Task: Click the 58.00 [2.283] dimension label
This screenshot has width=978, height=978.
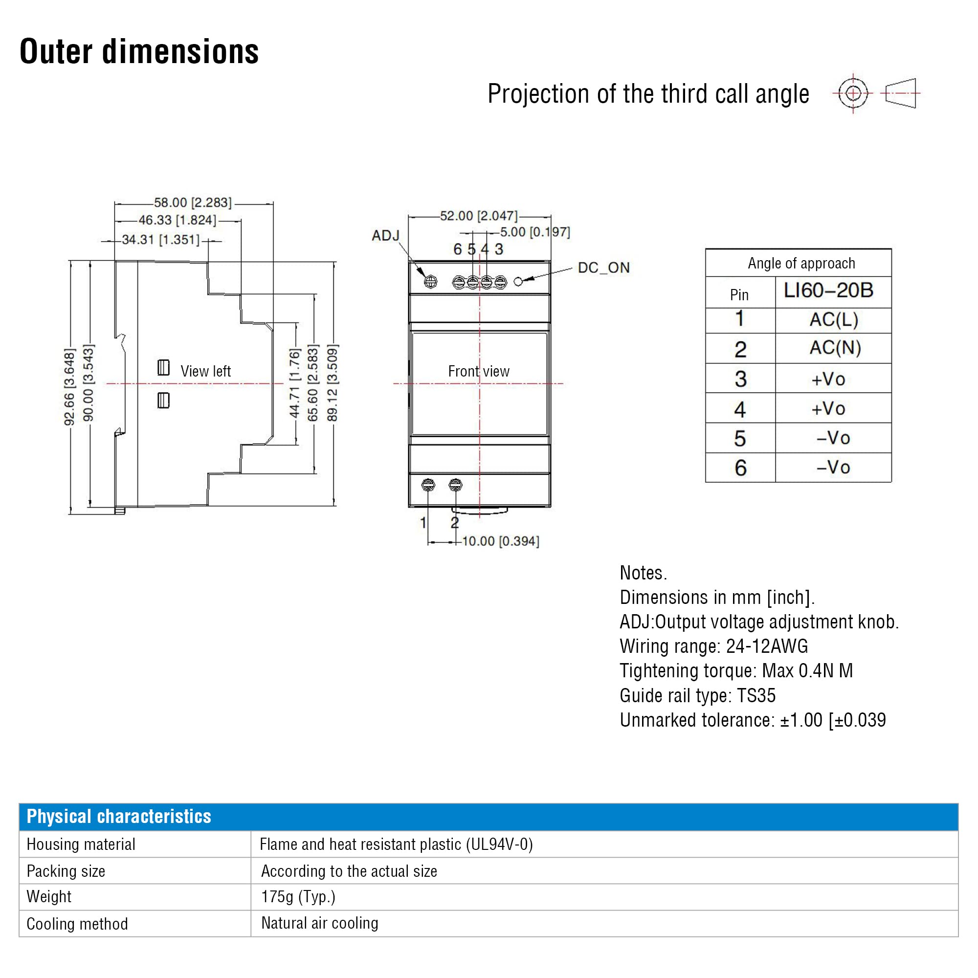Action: [x=193, y=202]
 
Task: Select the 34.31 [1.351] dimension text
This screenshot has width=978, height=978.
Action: [x=161, y=240]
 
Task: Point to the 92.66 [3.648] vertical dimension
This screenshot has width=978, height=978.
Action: [x=69, y=387]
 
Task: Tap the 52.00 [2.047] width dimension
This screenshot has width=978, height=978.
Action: [x=479, y=216]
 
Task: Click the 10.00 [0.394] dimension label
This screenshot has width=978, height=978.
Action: [x=501, y=541]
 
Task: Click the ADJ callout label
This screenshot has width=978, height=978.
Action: [x=386, y=235]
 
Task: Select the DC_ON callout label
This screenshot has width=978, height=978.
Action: [x=604, y=267]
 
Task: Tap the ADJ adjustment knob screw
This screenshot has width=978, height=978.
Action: [x=430, y=282]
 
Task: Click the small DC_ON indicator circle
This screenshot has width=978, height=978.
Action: [x=518, y=282]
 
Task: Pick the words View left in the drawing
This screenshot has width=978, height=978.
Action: [x=205, y=371]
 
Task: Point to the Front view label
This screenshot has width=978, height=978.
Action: [x=479, y=371]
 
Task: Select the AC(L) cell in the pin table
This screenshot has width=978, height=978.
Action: [x=834, y=319]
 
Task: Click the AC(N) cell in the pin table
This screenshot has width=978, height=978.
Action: [x=835, y=348]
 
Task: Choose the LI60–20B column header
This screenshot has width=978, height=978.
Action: [x=829, y=290]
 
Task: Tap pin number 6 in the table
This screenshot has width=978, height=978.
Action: [x=740, y=468]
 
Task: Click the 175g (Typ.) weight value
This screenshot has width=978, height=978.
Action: [x=299, y=896]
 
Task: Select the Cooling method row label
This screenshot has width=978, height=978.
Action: [x=77, y=924]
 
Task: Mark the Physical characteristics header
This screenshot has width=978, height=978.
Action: [x=119, y=816]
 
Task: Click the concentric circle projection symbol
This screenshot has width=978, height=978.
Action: [x=853, y=93]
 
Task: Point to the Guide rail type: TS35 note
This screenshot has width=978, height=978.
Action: [x=698, y=695]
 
